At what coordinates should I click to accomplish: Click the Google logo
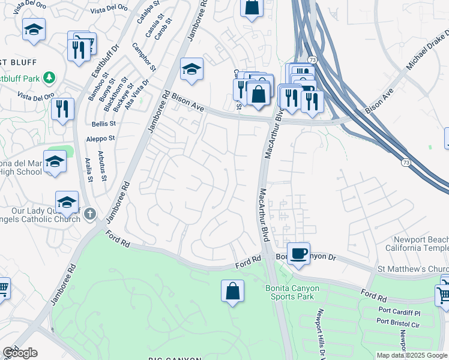point(20,353)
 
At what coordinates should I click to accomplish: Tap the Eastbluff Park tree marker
point(50,78)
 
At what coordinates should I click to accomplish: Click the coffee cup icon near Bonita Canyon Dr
point(298,253)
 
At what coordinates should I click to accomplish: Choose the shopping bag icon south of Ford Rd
point(232,292)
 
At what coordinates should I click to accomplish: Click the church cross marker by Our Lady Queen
point(90,213)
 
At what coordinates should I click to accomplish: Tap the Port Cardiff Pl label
point(400,313)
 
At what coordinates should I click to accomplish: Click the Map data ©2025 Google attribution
point(412,355)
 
